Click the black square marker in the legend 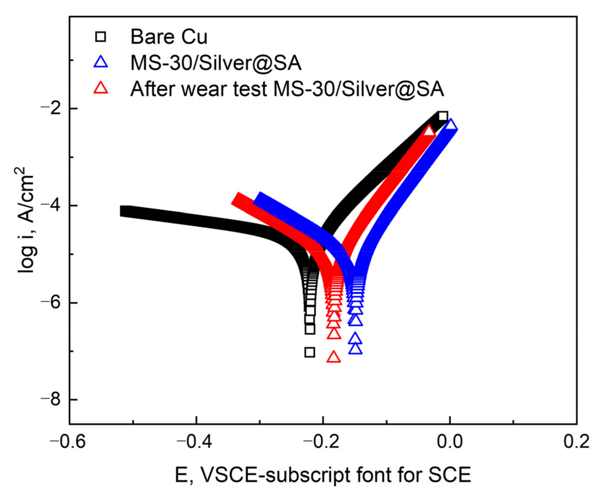click(x=100, y=37)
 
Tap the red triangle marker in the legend click(x=101, y=88)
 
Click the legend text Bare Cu click(x=169, y=37)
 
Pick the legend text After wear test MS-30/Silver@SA click(x=287, y=89)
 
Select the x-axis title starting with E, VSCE click(x=323, y=475)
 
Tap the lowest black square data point click(x=310, y=353)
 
